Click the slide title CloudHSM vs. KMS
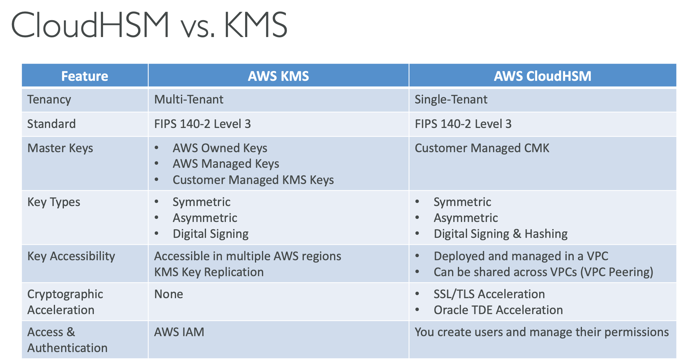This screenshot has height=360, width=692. pos(149,25)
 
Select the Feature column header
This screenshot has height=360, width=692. pos(85,76)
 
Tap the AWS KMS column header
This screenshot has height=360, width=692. pos(278,76)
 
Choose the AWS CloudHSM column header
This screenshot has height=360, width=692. pos(543,76)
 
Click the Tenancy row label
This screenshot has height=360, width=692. pos(49,100)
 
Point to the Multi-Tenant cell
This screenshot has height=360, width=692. pos(189,99)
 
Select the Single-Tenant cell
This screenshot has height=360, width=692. pos(451,99)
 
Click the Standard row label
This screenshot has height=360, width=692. pos(51,124)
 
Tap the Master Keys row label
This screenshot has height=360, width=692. pos(60,148)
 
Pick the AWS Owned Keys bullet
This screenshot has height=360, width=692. pos(220,148)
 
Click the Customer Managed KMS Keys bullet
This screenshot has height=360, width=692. pos(253,180)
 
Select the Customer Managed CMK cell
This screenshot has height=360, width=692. pos(482,148)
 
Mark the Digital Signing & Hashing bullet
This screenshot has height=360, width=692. pos(501,234)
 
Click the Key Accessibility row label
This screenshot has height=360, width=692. pos(71,256)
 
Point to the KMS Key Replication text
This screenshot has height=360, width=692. pos(209,272)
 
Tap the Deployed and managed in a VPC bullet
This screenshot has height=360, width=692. pos(521,256)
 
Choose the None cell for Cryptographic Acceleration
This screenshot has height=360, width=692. pos(169,294)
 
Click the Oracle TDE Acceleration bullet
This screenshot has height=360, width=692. pos(498,310)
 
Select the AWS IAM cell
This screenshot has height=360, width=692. pos(179,332)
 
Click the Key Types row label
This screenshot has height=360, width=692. pos(54,202)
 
